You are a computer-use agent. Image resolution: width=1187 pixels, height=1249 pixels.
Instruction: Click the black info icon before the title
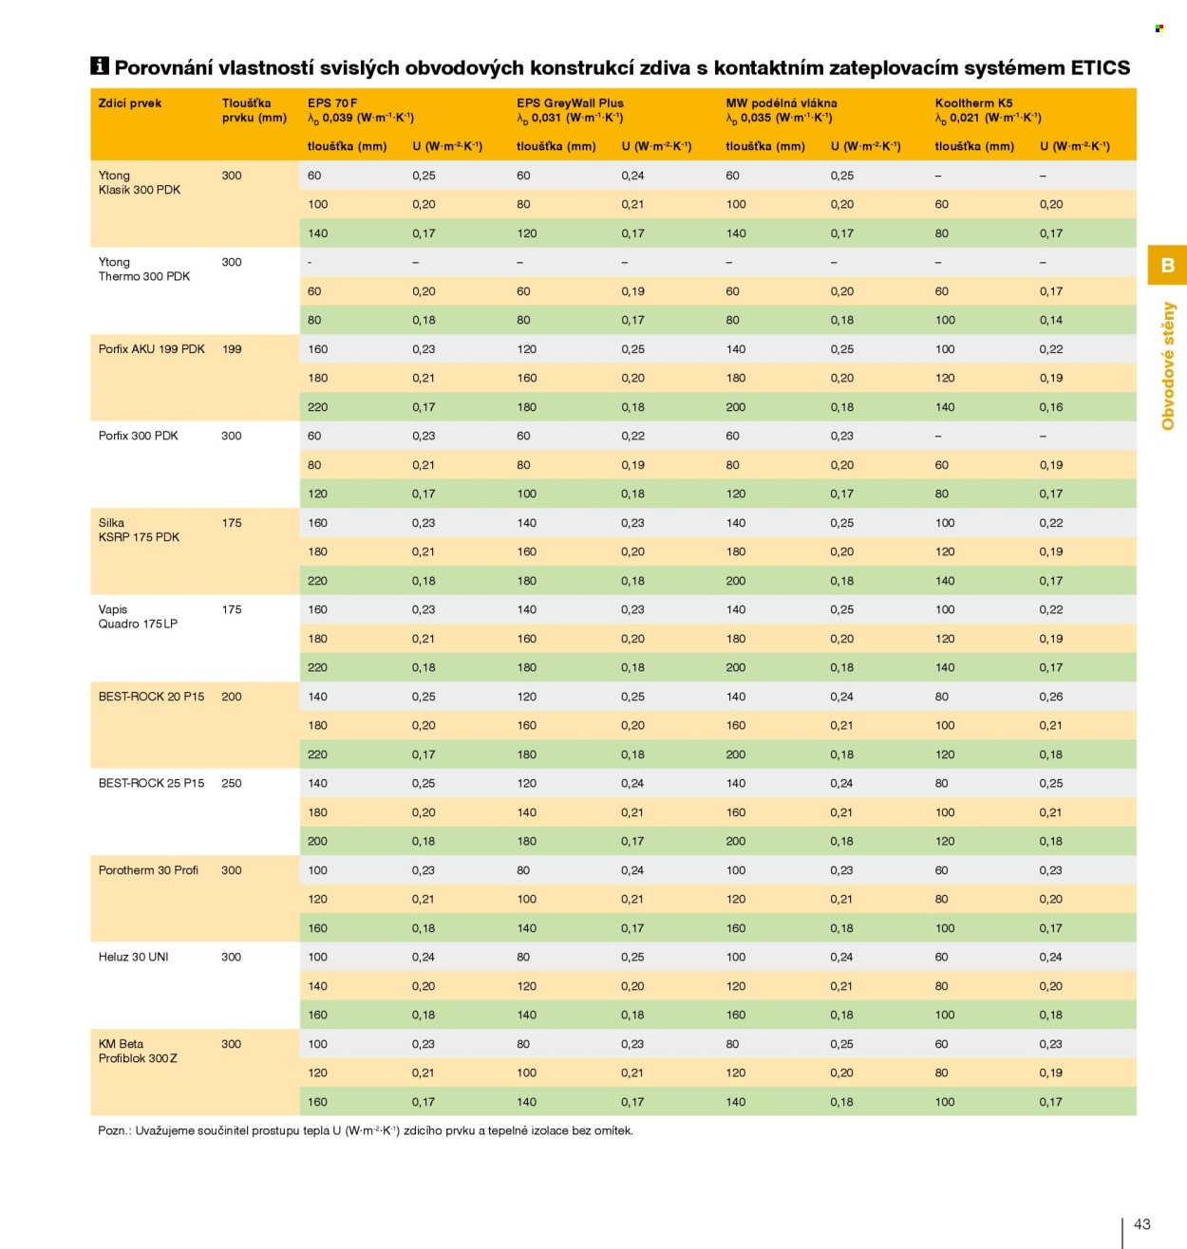(x=99, y=65)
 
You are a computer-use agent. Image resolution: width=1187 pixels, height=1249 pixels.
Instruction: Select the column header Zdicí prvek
(x=130, y=103)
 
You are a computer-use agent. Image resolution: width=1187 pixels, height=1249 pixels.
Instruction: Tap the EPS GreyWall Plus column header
(x=570, y=103)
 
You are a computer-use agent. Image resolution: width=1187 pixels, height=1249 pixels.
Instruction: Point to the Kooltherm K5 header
(x=973, y=103)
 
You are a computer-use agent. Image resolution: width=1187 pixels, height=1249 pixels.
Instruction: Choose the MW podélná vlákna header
(x=782, y=103)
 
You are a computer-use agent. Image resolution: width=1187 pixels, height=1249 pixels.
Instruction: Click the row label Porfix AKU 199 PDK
(x=151, y=348)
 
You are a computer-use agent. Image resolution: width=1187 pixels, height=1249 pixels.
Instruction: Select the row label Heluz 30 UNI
(x=134, y=957)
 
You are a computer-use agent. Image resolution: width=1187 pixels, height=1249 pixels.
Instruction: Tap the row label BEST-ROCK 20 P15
(x=151, y=697)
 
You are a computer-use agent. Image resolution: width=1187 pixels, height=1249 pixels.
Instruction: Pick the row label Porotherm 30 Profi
(x=148, y=870)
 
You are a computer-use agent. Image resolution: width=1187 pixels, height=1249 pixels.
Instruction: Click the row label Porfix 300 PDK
(x=138, y=436)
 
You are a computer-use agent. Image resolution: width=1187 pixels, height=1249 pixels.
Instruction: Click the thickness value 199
(x=232, y=348)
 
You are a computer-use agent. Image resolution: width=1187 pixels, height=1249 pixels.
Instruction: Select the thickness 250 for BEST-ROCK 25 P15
(x=232, y=783)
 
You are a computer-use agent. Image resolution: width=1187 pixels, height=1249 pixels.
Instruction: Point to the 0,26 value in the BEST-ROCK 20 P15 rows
(x=1051, y=697)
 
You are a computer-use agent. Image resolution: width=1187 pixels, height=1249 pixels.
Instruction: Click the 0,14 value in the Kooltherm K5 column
(x=1051, y=320)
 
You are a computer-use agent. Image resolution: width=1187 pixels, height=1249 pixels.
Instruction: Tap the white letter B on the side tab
(x=1167, y=265)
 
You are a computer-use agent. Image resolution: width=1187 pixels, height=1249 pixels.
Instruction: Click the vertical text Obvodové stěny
(x=1167, y=366)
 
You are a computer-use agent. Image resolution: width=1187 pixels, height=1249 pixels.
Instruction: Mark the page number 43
(x=1141, y=1223)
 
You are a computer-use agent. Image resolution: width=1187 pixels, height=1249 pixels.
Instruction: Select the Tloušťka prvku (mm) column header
(x=254, y=110)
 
